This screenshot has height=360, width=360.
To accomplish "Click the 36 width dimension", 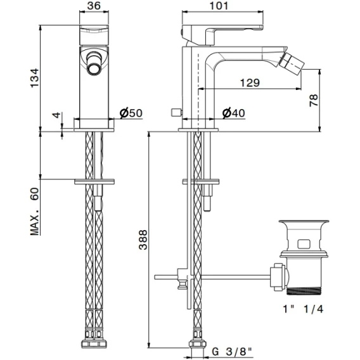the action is [94, 6].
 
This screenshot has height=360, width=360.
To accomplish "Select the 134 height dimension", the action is [35, 78].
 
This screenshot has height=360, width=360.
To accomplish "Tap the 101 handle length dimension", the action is [219, 6].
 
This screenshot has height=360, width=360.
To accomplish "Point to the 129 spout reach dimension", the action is [250, 82].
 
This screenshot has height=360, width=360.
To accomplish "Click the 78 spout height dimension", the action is [314, 100].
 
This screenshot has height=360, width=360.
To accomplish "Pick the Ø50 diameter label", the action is [131, 113].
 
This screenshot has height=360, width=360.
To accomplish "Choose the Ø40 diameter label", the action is [233, 113].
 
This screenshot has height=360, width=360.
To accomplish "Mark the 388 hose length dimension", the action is [143, 240].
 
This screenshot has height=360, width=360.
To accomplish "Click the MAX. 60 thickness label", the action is [35, 212].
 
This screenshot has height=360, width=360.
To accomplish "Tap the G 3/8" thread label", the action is [232, 352].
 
